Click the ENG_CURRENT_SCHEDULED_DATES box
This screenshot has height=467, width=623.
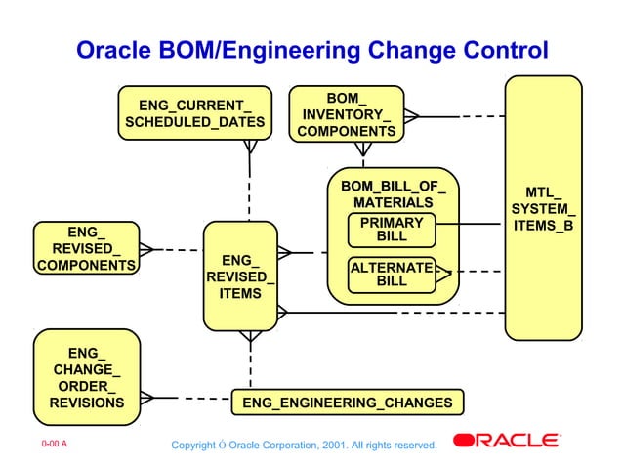coord(194,113)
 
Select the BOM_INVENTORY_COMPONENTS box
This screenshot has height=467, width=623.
coord(346,113)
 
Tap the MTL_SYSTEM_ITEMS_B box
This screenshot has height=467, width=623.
coord(543,208)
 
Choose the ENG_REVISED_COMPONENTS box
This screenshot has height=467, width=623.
coord(85,248)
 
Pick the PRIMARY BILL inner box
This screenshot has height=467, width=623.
coord(391,230)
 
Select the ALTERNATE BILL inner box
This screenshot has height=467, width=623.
coord(391,274)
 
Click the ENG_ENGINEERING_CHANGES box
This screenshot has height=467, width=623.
coord(347,403)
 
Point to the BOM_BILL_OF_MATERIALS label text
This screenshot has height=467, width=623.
coord(392,193)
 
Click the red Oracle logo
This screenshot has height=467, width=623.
coord(506,441)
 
